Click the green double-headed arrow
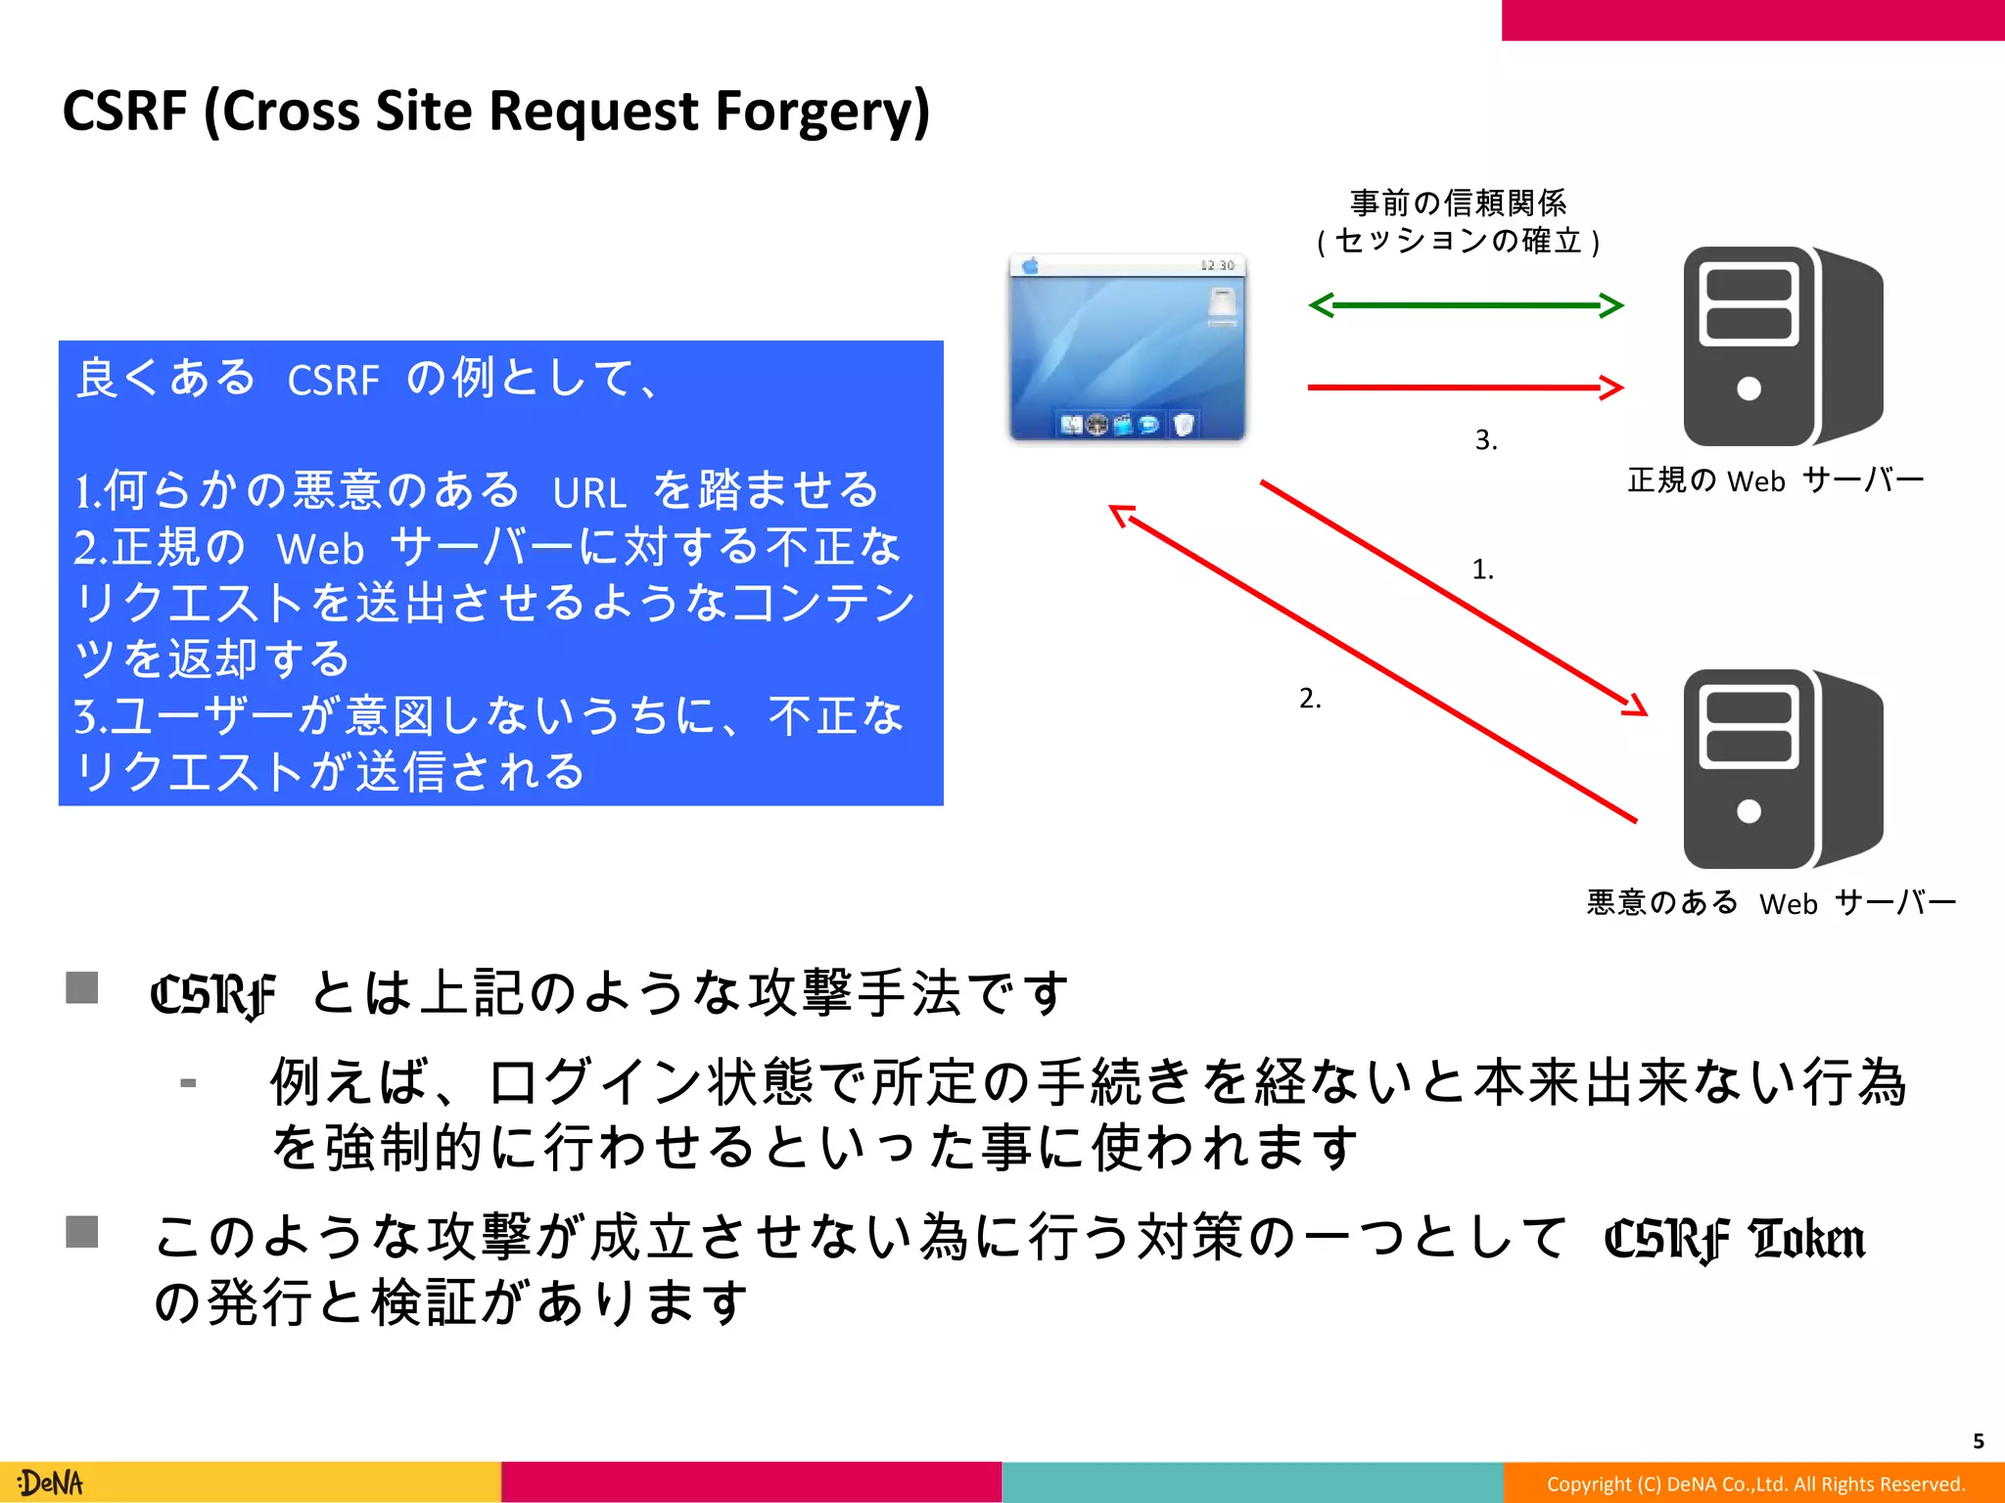tap(1466, 305)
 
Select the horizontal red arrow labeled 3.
tap(1466, 387)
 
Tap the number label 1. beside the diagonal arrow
tap(1482, 569)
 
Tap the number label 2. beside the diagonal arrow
tap(1309, 699)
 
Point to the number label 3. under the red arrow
tap(1485, 440)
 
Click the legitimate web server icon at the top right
tap(1781, 346)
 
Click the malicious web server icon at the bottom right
tap(1781, 769)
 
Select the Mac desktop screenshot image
tap(1127, 347)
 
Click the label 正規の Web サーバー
tap(1774, 480)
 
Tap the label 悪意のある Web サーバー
tap(1770, 902)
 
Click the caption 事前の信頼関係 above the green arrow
tap(1458, 204)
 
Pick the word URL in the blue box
tap(588, 492)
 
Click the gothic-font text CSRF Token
tap(1734, 1239)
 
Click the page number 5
tap(1978, 1440)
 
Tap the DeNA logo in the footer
tap(51, 1482)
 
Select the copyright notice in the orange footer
tap(1755, 1483)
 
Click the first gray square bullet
tap(82, 987)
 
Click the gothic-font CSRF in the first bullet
tap(212, 995)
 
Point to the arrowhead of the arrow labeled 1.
tap(1636, 707)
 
